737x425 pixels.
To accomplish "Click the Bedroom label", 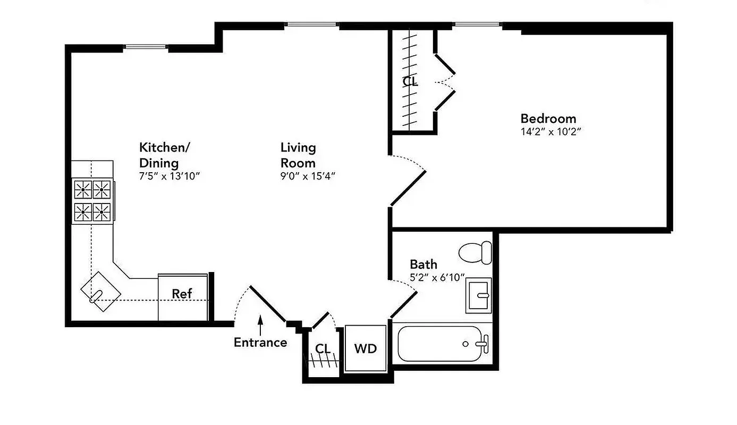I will pyautogui.click(x=548, y=118).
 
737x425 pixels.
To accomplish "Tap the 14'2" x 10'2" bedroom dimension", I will pyautogui.click(x=552, y=132).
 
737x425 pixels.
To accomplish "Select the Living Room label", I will pyautogui.click(x=298, y=155).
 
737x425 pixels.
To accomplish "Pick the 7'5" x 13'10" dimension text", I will pyautogui.click(x=169, y=176).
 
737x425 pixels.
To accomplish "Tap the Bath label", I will pyautogui.click(x=423, y=264).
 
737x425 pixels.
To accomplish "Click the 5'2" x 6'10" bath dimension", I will pyautogui.click(x=437, y=277).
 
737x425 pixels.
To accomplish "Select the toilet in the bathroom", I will pyautogui.click(x=475, y=252).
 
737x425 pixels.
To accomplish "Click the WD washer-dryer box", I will pyautogui.click(x=365, y=348).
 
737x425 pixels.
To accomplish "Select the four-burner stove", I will pyautogui.click(x=92, y=201).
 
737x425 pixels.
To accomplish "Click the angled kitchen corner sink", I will pyautogui.click(x=100, y=290).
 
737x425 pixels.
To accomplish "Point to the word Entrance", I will pyautogui.click(x=260, y=343).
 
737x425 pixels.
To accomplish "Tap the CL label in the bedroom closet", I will pyautogui.click(x=410, y=82).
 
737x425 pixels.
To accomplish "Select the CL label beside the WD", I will pyautogui.click(x=323, y=349).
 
